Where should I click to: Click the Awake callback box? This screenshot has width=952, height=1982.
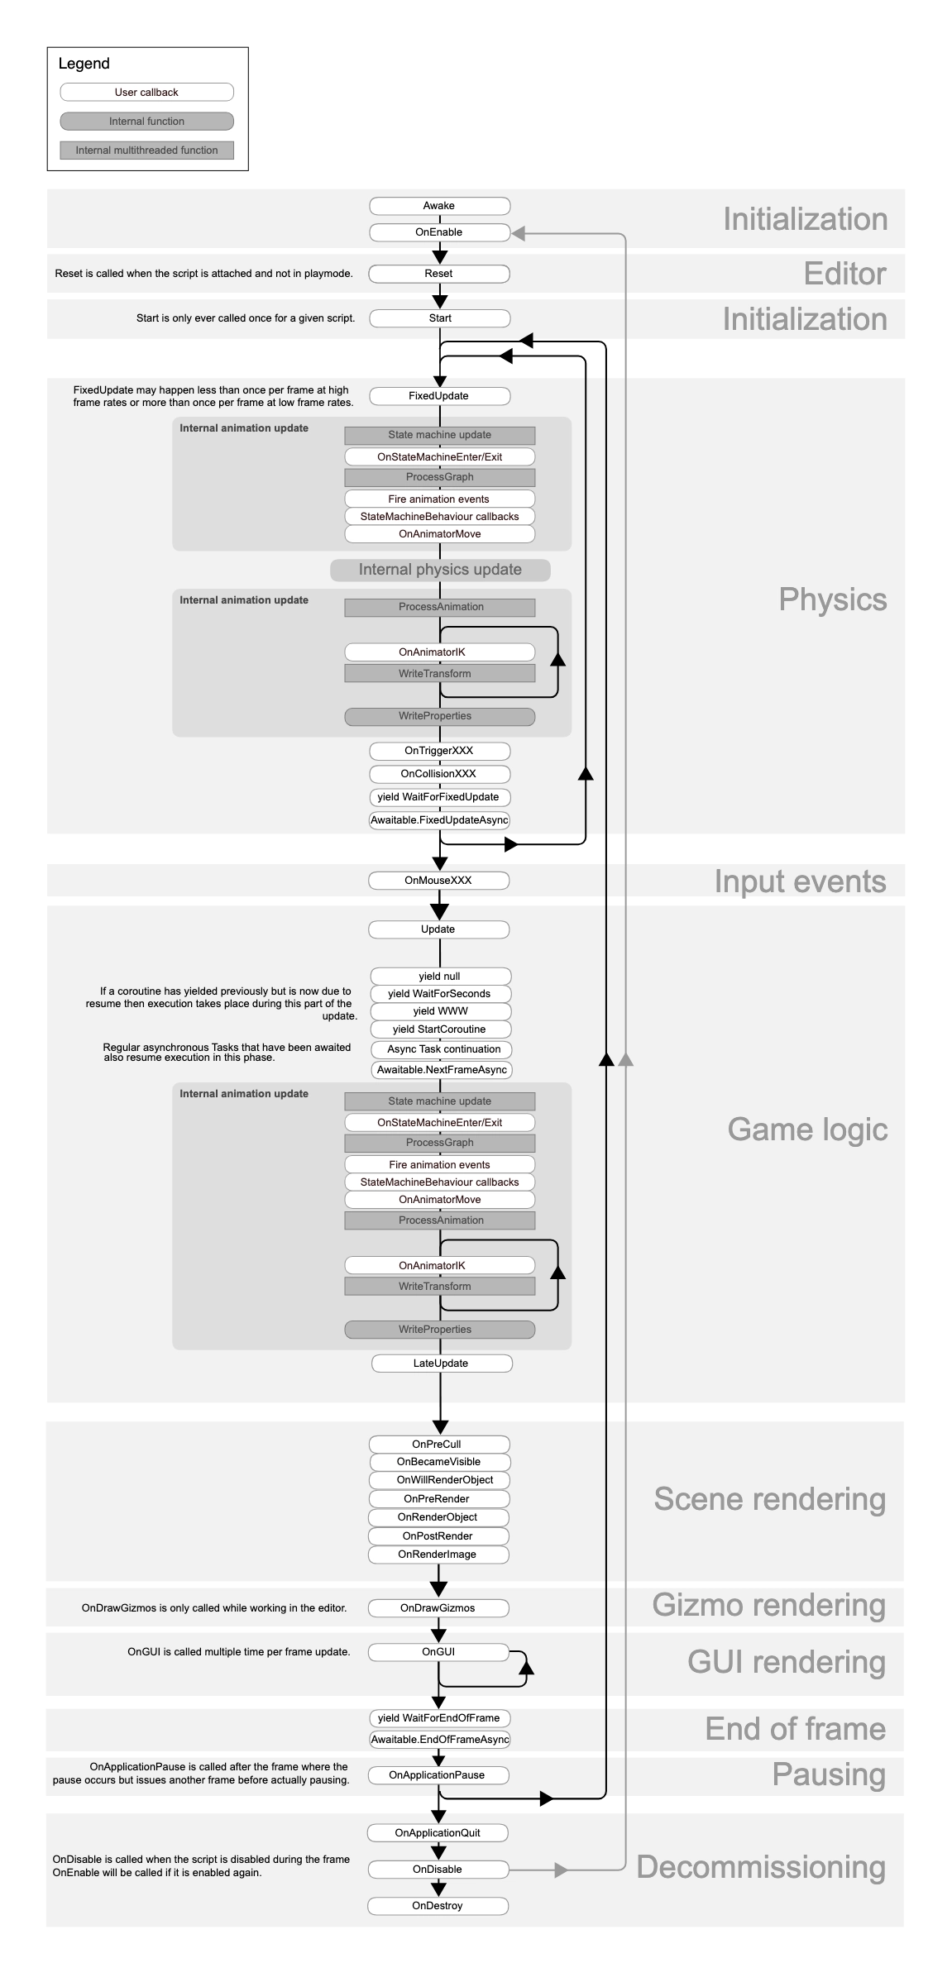click(x=439, y=206)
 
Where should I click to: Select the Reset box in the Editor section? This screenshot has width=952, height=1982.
click(x=439, y=274)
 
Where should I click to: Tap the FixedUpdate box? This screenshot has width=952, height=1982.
click(x=439, y=396)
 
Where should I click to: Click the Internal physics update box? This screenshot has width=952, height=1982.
click(x=440, y=570)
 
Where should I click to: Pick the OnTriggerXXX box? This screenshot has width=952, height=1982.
click(x=439, y=751)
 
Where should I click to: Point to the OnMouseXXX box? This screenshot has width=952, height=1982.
click(x=438, y=881)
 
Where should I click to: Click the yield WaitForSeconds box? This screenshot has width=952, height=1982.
click(x=440, y=994)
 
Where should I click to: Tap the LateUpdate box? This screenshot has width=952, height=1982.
click(x=441, y=1364)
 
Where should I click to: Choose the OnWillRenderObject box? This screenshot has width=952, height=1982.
click(x=440, y=1480)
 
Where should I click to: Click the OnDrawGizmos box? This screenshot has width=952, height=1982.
click(x=438, y=1608)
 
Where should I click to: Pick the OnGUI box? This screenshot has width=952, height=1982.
click(x=438, y=1652)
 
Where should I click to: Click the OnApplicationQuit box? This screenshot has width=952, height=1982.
click(x=438, y=1833)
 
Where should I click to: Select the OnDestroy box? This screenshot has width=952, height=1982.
click(x=438, y=1906)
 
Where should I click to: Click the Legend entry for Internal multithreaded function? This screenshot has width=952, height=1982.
click(x=147, y=150)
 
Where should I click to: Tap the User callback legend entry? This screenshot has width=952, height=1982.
click(x=147, y=93)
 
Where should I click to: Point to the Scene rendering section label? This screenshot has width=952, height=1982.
click(x=769, y=1499)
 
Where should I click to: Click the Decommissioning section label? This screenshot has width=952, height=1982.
click(x=761, y=1867)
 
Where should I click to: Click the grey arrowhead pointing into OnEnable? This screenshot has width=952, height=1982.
click(x=519, y=234)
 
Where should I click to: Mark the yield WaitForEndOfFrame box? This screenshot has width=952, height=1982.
click(x=439, y=1718)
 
